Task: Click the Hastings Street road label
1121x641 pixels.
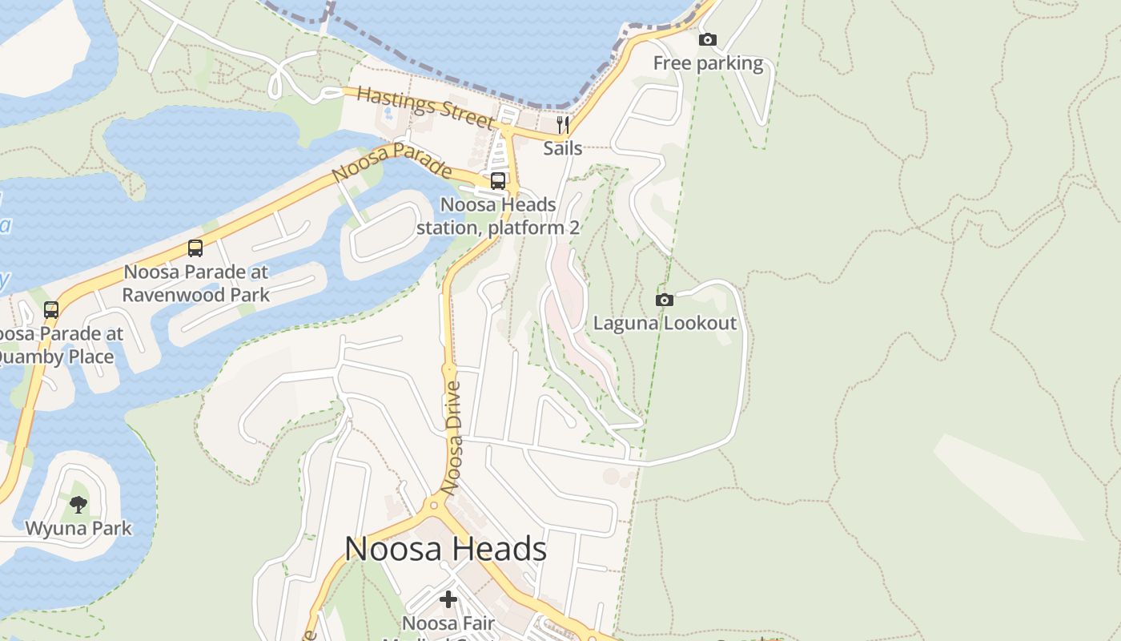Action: tap(425, 107)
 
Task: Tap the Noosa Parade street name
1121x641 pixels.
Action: tap(392, 163)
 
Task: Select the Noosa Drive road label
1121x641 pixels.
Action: tap(453, 437)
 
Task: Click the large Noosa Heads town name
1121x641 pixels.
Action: tap(445, 549)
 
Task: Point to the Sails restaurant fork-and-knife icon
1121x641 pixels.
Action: tap(562, 124)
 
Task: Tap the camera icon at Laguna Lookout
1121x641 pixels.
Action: tap(664, 300)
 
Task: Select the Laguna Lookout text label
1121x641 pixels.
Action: tap(664, 324)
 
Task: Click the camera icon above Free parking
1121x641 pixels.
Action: tap(707, 39)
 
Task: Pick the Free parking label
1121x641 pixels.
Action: tap(708, 63)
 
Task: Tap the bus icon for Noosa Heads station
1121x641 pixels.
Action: tap(497, 181)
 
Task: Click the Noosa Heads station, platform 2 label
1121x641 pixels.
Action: tap(497, 216)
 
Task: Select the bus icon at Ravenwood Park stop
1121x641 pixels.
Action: tap(195, 248)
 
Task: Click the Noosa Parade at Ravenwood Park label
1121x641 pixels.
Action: tap(195, 284)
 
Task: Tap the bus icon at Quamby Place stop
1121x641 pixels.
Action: tap(51, 309)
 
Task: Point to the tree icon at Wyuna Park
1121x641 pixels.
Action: tap(78, 504)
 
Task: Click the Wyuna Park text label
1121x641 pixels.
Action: tap(78, 529)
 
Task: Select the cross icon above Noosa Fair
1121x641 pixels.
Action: tap(448, 599)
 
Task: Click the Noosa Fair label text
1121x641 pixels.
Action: tap(448, 623)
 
